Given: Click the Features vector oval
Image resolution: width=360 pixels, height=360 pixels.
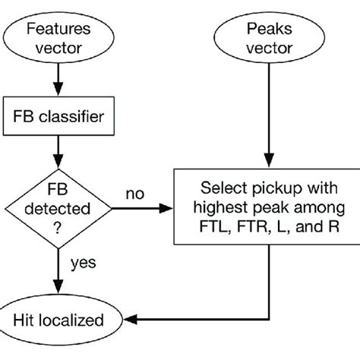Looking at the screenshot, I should tap(58, 39).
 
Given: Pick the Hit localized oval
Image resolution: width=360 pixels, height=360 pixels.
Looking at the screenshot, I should tap(58, 320).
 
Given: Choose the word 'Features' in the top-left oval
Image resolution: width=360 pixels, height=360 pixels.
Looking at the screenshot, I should tap(58, 30).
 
